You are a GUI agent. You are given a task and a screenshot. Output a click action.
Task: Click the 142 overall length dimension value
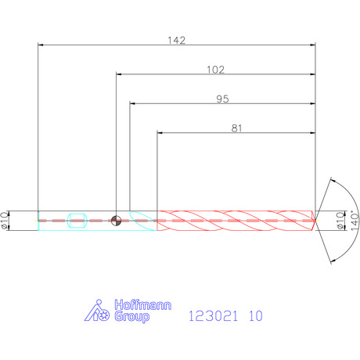click(x=177, y=40)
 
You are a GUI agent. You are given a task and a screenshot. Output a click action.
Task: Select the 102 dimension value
click(x=215, y=70)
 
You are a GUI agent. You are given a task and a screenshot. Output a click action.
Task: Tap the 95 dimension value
click(x=222, y=99)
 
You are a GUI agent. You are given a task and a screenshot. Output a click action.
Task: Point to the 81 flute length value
click(x=236, y=128)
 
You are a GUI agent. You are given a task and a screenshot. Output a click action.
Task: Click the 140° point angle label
click(x=355, y=221)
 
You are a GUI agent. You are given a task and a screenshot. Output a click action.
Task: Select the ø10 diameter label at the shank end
click(x=4, y=221)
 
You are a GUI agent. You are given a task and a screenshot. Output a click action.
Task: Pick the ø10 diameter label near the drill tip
click(x=340, y=221)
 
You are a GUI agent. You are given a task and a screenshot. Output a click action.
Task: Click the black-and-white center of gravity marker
click(x=116, y=221)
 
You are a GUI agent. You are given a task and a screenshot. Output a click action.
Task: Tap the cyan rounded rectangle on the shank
click(x=77, y=221)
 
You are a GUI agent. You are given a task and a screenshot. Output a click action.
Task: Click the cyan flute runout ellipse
click(x=142, y=221)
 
